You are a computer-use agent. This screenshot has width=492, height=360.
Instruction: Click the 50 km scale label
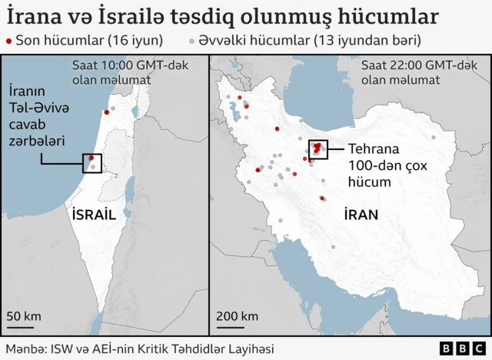24,316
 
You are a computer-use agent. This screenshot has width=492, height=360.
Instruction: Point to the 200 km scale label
237,316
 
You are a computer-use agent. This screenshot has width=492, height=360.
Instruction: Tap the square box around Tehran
318,149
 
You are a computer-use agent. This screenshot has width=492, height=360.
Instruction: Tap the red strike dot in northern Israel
105,113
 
